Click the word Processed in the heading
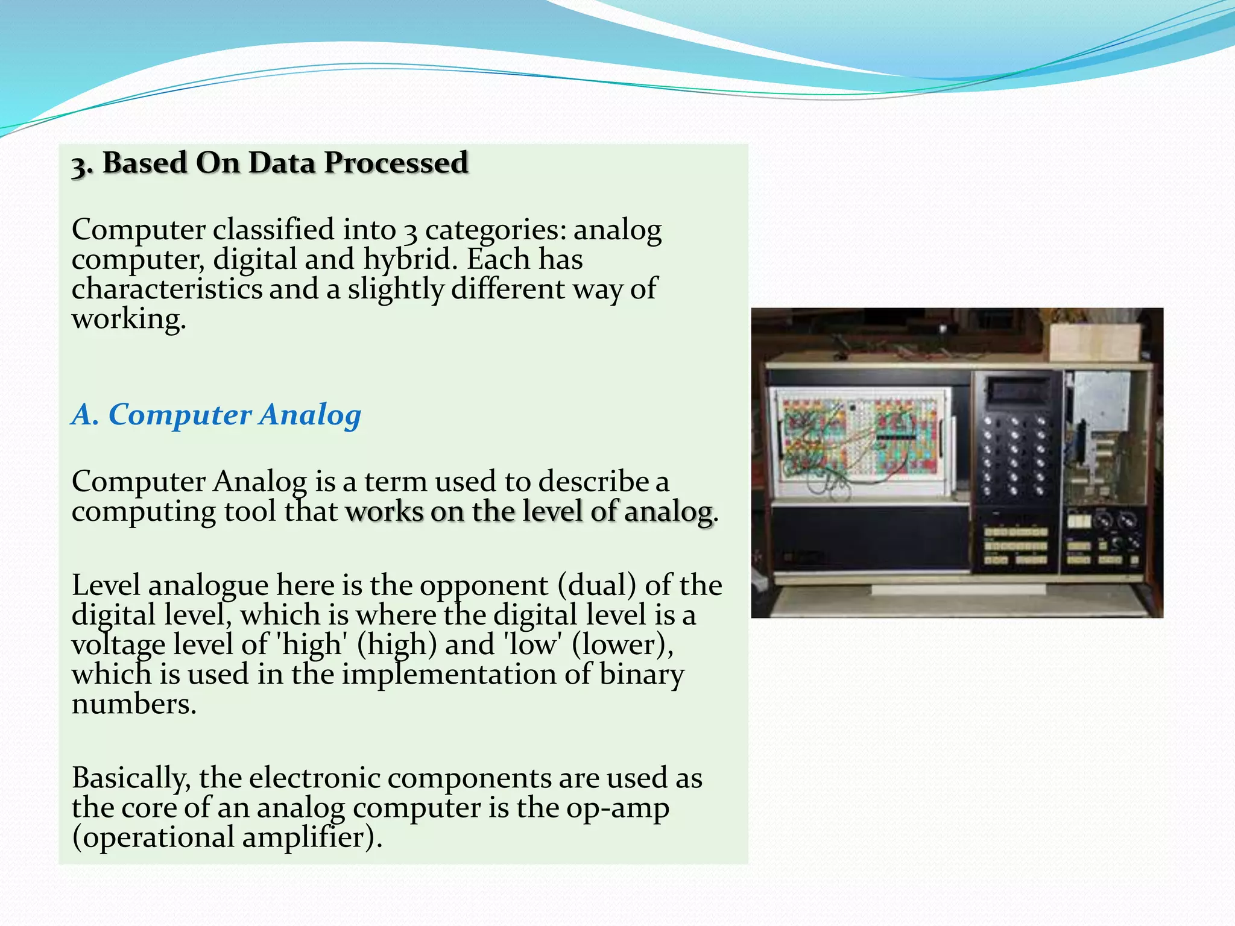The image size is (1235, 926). click(396, 163)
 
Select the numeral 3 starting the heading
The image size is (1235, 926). click(79, 165)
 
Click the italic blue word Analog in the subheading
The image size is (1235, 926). click(311, 415)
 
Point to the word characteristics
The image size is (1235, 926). click(166, 289)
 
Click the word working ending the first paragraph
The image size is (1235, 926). click(128, 319)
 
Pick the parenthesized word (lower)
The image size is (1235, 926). click(622, 645)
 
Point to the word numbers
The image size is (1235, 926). click(133, 704)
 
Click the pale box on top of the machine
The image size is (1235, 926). click(1094, 342)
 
